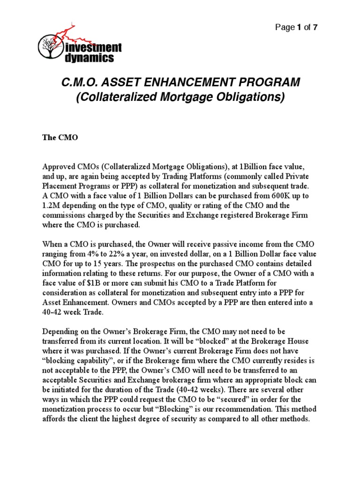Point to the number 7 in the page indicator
pyautogui.click(x=315, y=27)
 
